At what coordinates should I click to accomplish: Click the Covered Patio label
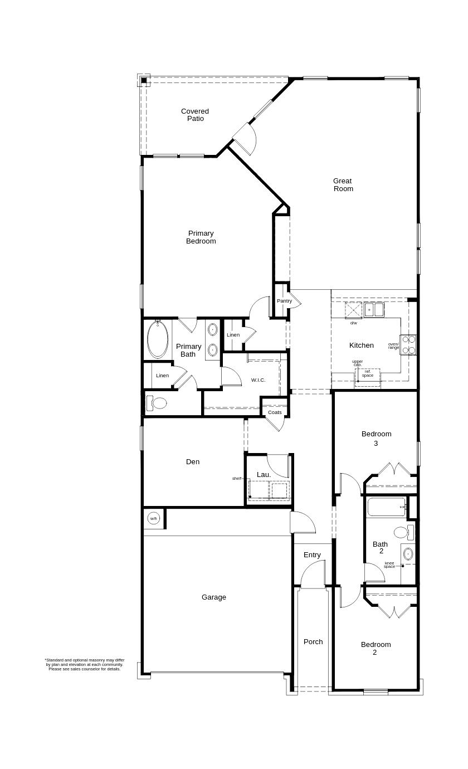(195, 115)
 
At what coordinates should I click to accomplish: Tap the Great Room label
(343, 184)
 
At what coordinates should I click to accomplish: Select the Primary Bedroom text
(201, 237)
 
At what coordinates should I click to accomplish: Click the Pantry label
(284, 301)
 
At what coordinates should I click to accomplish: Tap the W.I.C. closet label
(258, 380)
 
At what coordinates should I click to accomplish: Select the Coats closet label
(275, 412)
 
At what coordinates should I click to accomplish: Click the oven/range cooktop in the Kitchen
(408, 345)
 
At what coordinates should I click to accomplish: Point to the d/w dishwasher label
(354, 323)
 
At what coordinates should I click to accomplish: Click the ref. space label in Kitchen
(368, 373)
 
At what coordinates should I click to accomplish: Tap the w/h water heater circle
(154, 519)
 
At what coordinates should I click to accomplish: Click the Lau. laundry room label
(264, 475)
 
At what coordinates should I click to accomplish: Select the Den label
(193, 461)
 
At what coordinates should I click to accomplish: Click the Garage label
(214, 597)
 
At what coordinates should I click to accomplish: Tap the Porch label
(313, 641)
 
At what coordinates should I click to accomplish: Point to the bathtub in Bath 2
(386, 507)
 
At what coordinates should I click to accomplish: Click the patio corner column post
(144, 81)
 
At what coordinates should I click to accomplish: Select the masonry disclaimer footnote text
(85, 664)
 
